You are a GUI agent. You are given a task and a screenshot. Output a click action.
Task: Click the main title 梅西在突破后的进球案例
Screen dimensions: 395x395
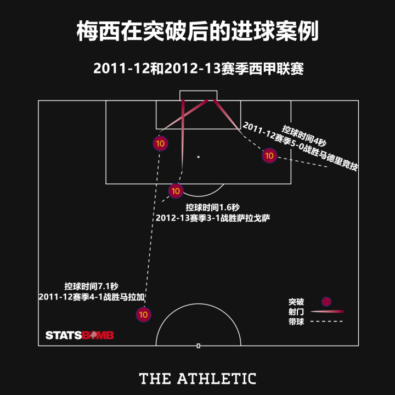pos(197,32)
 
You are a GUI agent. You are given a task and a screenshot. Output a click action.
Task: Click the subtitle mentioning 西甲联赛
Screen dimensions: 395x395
pos(198,69)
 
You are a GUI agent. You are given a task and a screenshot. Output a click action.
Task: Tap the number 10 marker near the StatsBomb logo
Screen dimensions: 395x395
pos(143,315)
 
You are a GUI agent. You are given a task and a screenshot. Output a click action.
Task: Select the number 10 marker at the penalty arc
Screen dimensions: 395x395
pos(175,191)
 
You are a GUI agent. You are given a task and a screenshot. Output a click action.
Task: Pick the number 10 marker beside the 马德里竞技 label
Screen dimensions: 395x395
pos(269,155)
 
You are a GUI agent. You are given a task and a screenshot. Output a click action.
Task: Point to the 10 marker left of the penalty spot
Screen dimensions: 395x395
pos(160,144)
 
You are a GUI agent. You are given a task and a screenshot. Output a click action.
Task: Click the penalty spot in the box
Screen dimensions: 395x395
pos(199,157)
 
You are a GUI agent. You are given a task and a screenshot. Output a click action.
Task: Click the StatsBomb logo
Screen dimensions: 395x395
pos(80,335)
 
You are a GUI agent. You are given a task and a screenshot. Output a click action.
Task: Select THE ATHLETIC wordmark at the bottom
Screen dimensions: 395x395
pos(198,379)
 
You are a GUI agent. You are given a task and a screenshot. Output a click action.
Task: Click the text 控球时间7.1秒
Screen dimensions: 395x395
pos(91,286)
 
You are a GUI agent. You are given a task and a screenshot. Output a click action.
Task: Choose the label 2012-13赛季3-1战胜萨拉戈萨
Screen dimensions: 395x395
pos(212,218)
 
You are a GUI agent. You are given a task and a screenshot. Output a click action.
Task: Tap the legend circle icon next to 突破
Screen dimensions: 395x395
pos(326,301)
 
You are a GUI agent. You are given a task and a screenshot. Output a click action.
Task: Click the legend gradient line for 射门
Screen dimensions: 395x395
pos(327,312)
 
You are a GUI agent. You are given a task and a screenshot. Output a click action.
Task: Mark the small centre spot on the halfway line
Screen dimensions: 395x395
pos(199,346)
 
